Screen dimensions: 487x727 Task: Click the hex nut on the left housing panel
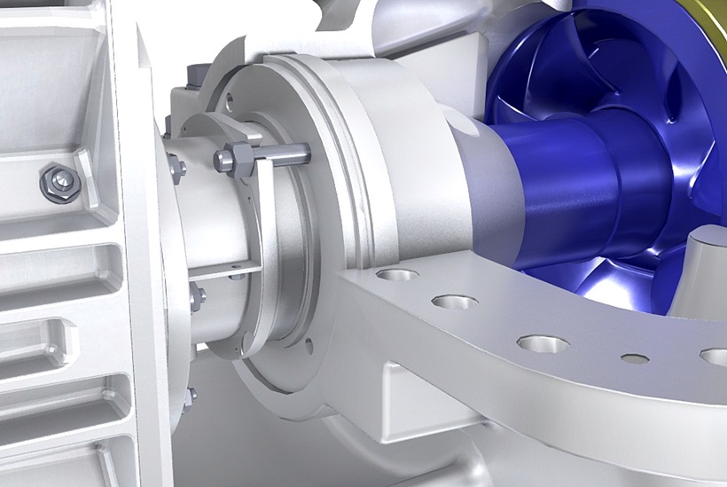(x=60, y=182)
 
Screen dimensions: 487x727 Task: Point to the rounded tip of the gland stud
(x=303, y=151)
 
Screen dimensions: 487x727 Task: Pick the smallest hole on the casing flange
(x=635, y=359)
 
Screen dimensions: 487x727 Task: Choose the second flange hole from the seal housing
(x=455, y=302)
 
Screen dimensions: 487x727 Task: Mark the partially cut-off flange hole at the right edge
(x=715, y=357)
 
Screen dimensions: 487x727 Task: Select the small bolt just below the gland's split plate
(x=196, y=296)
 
